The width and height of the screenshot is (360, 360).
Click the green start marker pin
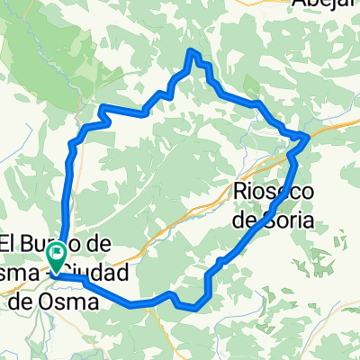click(x=56, y=257)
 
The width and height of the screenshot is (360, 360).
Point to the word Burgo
click(x=55, y=243)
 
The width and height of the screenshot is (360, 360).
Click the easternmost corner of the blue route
click(x=310, y=135)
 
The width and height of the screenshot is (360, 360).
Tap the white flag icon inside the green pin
click(x=56, y=253)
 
